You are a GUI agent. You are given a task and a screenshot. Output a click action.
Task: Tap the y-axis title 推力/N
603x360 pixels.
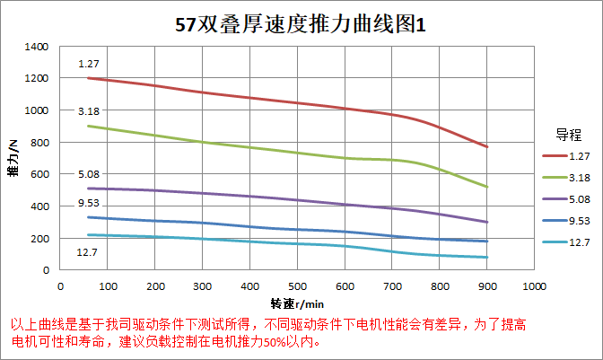click(13, 158)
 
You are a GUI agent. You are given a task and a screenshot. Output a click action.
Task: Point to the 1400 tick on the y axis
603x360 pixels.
click(37, 46)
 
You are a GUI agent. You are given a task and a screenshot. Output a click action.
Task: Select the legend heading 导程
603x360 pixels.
click(568, 135)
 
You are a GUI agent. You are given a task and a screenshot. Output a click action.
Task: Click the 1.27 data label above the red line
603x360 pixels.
click(88, 64)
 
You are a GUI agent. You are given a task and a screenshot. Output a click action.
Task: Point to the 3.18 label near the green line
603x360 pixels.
click(88, 111)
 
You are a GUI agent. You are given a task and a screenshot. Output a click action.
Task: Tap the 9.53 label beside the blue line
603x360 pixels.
click(88, 206)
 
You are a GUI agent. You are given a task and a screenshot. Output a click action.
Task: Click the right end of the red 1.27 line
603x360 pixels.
click(487, 146)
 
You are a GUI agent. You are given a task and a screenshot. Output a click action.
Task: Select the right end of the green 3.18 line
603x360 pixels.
click(487, 187)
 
